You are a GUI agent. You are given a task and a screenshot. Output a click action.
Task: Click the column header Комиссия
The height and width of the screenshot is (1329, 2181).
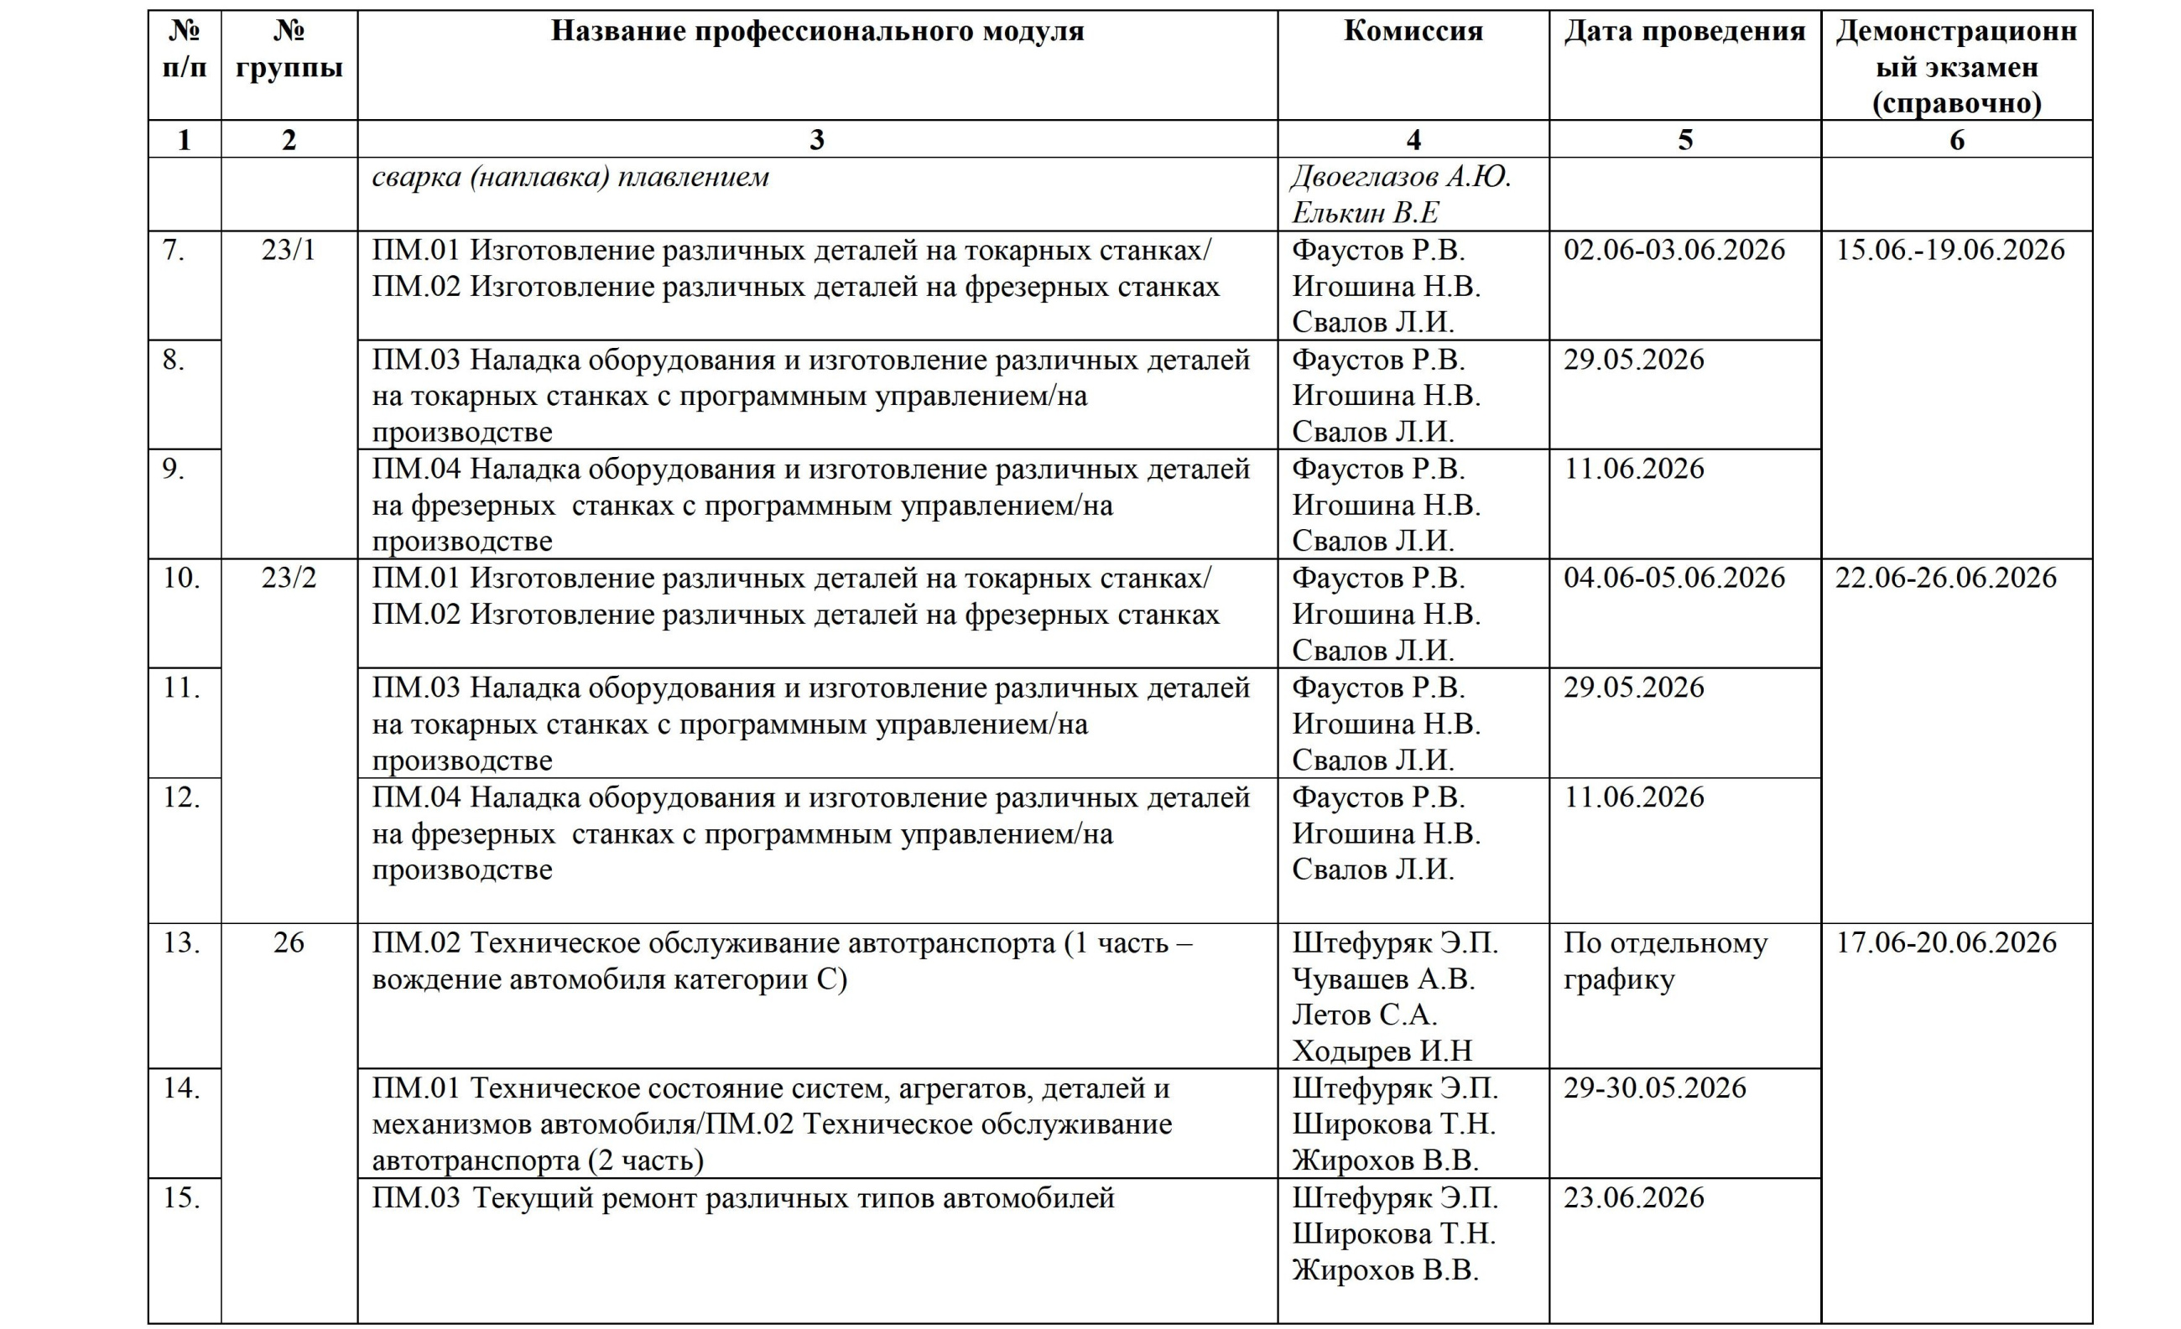1413,32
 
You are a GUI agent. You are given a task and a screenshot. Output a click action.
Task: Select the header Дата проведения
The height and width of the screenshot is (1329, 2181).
1684,32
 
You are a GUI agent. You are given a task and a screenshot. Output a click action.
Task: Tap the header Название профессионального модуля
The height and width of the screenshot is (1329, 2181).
817,32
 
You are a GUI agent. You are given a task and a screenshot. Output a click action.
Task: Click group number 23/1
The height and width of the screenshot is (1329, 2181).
289,251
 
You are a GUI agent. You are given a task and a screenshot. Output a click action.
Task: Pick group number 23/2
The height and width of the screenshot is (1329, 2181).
289,578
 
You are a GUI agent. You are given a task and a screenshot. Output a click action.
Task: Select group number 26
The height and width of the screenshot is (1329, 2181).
289,942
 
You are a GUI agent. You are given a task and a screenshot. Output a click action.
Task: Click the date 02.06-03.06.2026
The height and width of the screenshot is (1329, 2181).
1673,251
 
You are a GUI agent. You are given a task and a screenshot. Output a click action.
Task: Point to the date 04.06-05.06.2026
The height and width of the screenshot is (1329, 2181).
1673,578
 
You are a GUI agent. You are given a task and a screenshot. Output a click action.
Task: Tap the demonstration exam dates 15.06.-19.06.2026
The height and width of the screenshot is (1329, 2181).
1950,251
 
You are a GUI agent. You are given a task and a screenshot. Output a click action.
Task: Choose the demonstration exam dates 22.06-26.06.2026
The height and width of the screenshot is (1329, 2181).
1945,578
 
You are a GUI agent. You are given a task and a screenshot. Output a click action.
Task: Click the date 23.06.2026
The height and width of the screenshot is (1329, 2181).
1633,1197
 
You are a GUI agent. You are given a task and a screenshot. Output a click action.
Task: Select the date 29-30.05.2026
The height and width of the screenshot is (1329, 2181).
1654,1088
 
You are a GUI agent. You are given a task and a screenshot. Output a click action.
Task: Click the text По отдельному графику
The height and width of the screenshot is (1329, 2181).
1664,961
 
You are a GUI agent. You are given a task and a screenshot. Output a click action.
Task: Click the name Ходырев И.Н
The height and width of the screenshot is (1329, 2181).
1382,1051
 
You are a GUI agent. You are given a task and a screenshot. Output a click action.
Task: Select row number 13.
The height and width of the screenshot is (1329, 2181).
182,942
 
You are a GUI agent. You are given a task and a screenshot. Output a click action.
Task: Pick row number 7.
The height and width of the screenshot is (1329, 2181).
174,251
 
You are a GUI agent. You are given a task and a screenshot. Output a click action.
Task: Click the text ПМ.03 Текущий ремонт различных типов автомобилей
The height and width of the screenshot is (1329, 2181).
742,1198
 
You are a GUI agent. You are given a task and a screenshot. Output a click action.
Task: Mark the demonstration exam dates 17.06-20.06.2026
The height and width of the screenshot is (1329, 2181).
1945,942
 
